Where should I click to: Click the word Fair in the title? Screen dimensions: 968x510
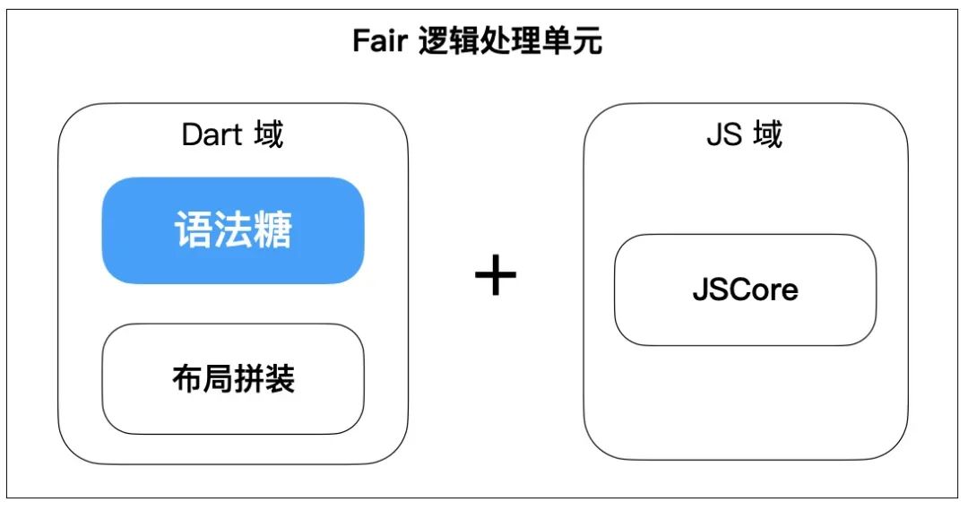(380, 42)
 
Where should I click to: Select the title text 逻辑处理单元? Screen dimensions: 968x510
(511, 41)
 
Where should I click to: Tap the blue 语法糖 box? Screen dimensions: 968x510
(233, 230)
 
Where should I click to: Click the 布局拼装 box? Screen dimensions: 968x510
(233, 379)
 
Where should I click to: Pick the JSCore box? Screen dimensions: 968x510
(745, 290)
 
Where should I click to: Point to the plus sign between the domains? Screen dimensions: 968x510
(496, 275)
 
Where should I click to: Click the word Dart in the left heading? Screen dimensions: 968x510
(212, 134)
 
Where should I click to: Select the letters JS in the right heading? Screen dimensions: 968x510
(725, 134)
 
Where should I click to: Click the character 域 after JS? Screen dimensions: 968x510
(767, 134)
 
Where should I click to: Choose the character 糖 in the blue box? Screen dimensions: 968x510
(272, 229)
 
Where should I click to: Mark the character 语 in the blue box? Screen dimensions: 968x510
(194, 229)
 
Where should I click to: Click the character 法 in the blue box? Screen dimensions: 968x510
(233, 229)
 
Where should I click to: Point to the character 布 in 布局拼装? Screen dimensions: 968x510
(187, 378)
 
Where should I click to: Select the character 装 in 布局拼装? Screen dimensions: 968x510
(280, 378)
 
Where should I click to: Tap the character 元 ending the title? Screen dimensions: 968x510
(587, 41)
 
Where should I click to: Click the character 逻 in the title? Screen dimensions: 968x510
(434, 41)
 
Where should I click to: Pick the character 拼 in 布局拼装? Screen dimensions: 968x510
(249, 378)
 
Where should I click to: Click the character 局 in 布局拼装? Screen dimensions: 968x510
(219, 378)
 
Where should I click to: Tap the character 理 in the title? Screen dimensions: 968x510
(526, 41)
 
